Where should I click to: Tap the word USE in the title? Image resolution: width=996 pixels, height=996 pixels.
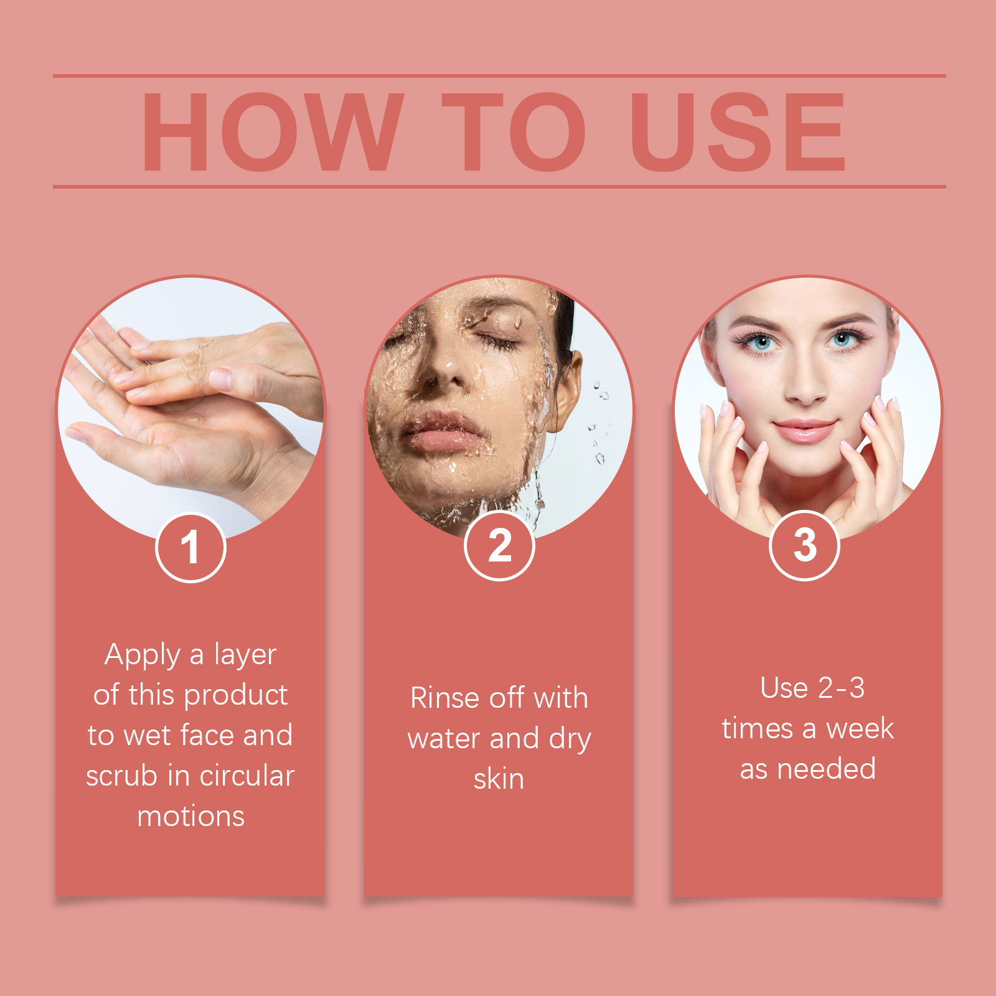pos(738,132)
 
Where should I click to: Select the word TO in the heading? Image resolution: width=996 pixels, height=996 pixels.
pos(514,132)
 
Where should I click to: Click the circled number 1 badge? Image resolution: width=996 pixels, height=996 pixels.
pos(190,548)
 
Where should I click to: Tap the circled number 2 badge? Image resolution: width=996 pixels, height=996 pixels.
pos(499,546)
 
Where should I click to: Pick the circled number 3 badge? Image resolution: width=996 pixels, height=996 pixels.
pos(805,545)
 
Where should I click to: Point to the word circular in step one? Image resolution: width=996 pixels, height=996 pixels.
pos(247,776)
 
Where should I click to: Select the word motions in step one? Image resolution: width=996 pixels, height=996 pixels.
pos(190,817)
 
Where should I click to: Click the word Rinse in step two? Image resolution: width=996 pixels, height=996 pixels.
pos(445,698)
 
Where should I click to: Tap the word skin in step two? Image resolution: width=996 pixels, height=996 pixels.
pos(499,779)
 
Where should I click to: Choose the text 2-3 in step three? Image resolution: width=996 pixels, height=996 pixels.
pos(841,688)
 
